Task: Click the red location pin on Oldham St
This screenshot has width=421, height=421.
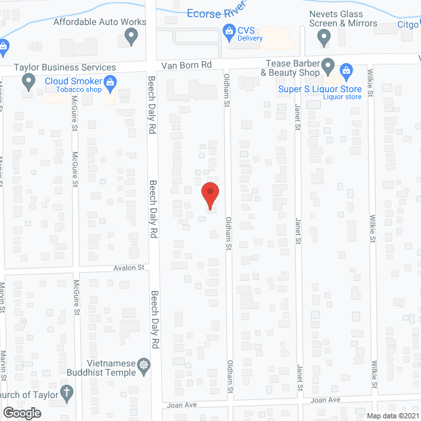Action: (209, 194)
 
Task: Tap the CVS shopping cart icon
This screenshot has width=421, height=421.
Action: (229, 30)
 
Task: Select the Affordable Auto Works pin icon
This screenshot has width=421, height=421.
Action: (132, 37)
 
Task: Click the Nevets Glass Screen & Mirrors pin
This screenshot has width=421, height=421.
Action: (324, 39)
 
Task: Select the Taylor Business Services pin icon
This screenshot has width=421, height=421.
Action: (28, 82)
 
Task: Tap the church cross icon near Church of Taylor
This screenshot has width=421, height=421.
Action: (66, 393)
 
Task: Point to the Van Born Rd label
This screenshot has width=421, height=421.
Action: (187, 65)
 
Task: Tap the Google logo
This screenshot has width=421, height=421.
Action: (22, 412)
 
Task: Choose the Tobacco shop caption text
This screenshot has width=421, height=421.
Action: (78, 90)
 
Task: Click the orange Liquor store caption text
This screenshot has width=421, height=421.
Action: (342, 97)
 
